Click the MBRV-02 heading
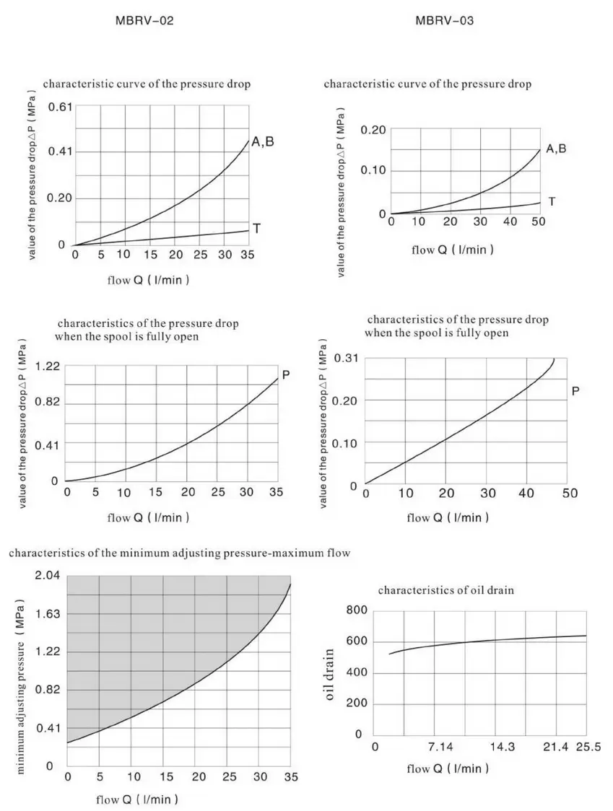144,21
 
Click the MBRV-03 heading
445,21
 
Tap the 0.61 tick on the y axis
60,107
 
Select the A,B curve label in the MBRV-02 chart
262,142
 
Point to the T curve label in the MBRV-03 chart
552,201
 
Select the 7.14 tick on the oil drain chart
441,747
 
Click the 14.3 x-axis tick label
503,747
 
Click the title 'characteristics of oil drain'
445,590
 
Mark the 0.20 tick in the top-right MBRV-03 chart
373,130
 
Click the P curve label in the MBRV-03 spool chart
575,391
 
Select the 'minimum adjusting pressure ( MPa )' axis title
22,685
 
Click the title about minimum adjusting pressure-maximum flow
179,554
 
